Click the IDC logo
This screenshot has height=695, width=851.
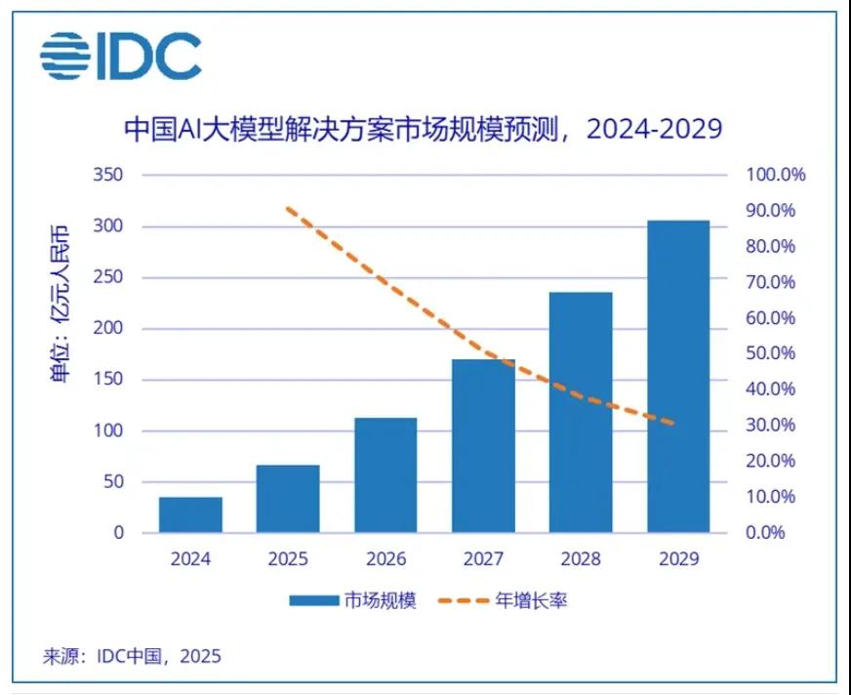pyautogui.click(x=120, y=56)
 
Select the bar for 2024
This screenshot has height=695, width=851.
pyautogui.click(x=190, y=514)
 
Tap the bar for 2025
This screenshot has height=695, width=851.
pyautogui.click(x=288, y=499)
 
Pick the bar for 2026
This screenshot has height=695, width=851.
pyautogui.click(x=385, y=475)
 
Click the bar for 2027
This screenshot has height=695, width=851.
pyautogui.click(x=483, y=446)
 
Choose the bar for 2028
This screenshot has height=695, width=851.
pyautogui.click(x=581, y=412)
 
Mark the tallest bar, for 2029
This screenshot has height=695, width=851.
pyautogui.click(x=678, y=376)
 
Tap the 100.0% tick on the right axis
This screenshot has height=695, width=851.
pyautogui.click(x=776, y=176)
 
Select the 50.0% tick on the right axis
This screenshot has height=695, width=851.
pyautogui.click(x=771, y=353)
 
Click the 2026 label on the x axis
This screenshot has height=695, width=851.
pyautogui.click(x=385, y=559)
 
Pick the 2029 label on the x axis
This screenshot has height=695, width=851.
pyautogui.click(x=678, y=559)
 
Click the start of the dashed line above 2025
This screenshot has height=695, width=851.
pyautogui.click(x=288, y=209)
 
